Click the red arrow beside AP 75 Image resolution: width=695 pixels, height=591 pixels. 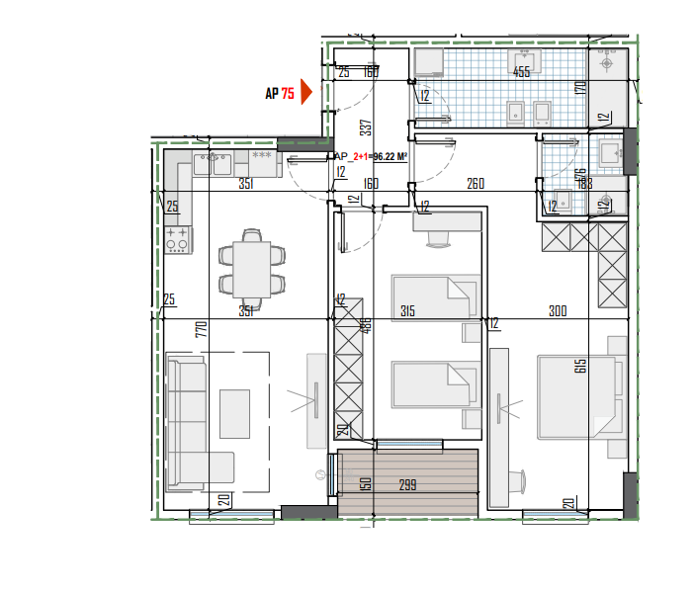pos(306,93)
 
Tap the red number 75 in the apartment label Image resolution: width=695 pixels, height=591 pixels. pos(288,94)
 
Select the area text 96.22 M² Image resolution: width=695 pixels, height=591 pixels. pos(391,156)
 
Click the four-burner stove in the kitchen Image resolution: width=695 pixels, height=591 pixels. pos(178,239)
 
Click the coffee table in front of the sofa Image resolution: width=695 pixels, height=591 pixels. pos(234,413)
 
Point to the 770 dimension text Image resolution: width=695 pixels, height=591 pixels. pos(200,330)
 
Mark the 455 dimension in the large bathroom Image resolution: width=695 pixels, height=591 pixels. pos(521,71)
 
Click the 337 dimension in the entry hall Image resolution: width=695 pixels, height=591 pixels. pos(365,127)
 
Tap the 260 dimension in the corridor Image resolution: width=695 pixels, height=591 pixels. pos(476,183)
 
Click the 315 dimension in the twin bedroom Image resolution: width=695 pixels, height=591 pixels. pos(406,311)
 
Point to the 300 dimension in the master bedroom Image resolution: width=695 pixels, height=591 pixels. pos(558,311)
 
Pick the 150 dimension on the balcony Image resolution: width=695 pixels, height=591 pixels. pos(365,483)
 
